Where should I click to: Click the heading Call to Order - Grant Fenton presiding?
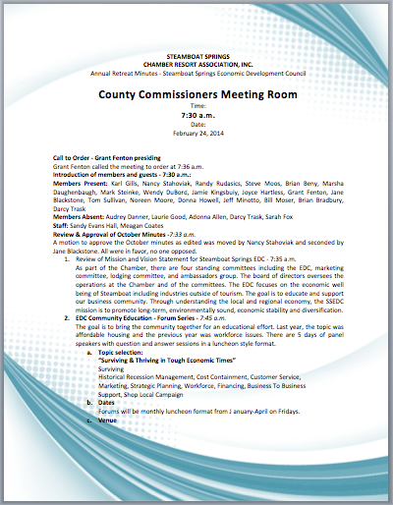tap(108, 158)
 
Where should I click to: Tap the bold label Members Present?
tap(80, 183)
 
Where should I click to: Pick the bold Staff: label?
tap(63, 224)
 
